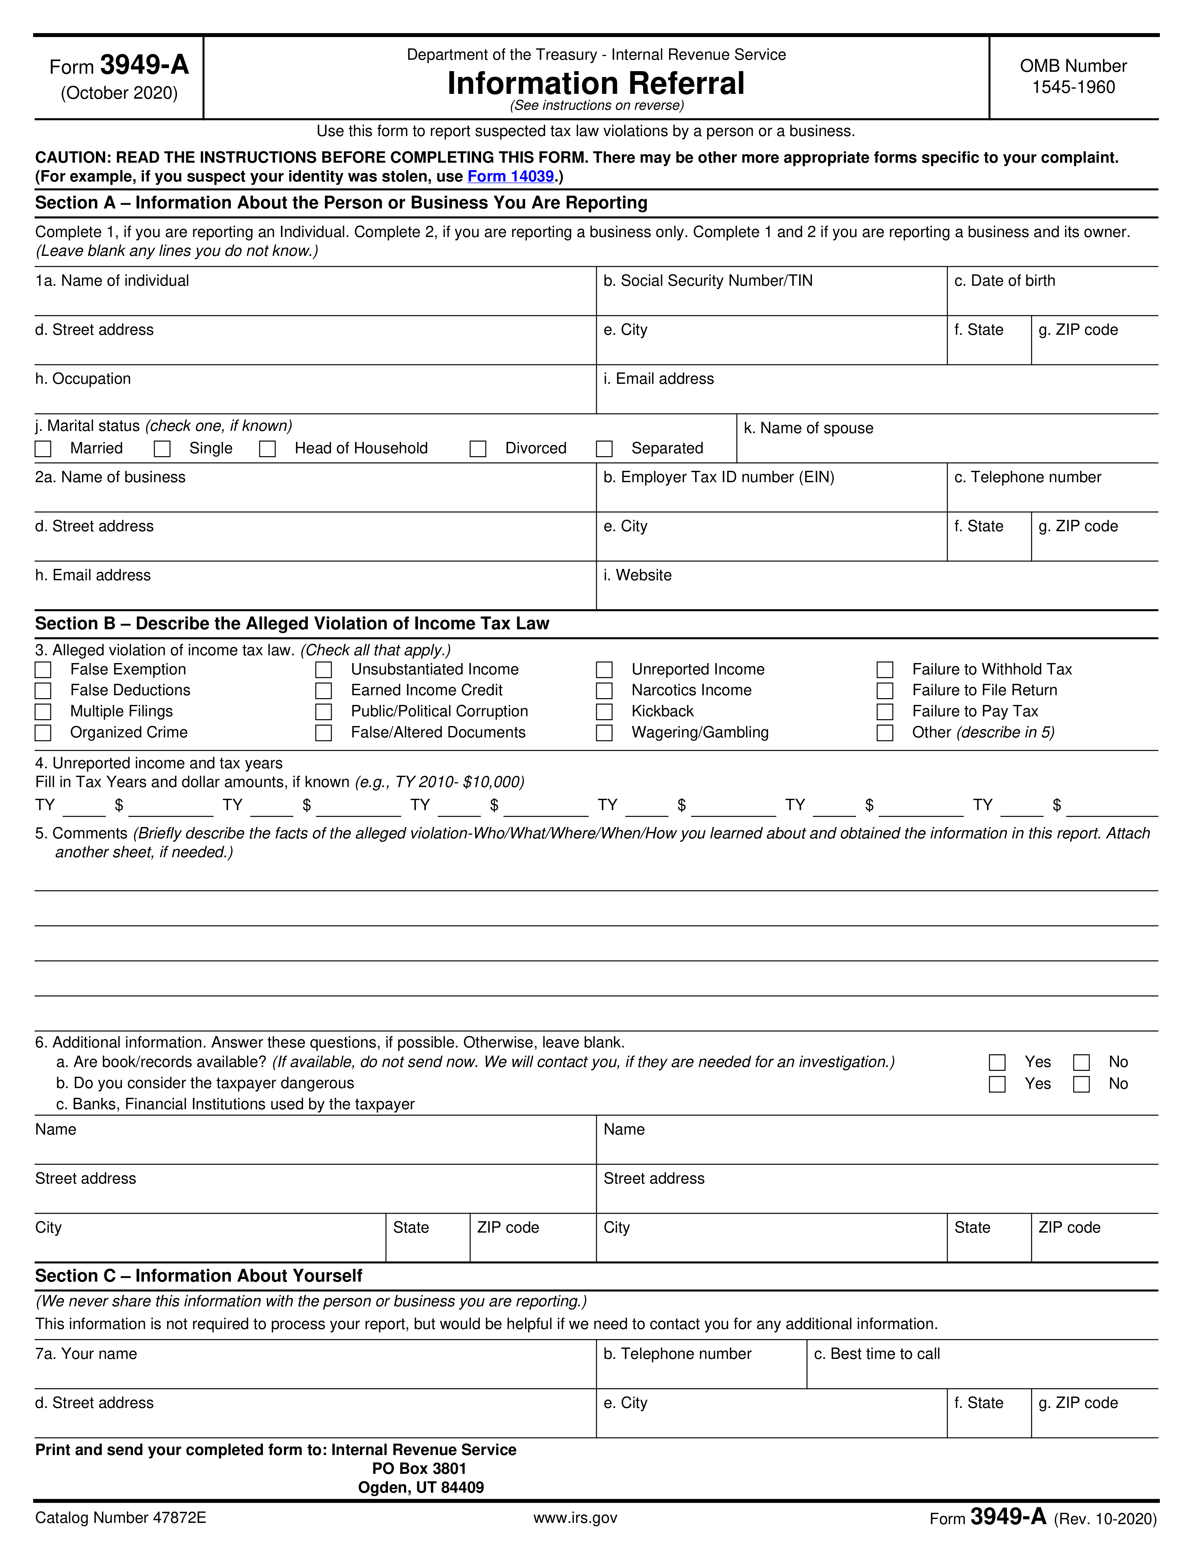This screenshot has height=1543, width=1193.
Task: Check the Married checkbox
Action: pos(43,449)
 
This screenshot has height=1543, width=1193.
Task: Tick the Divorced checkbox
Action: pos(479,449)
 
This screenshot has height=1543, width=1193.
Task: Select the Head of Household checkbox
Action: pos(267,449)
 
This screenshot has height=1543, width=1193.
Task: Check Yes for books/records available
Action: pos(997,1062)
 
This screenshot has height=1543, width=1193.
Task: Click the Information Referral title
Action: pos(596,83)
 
